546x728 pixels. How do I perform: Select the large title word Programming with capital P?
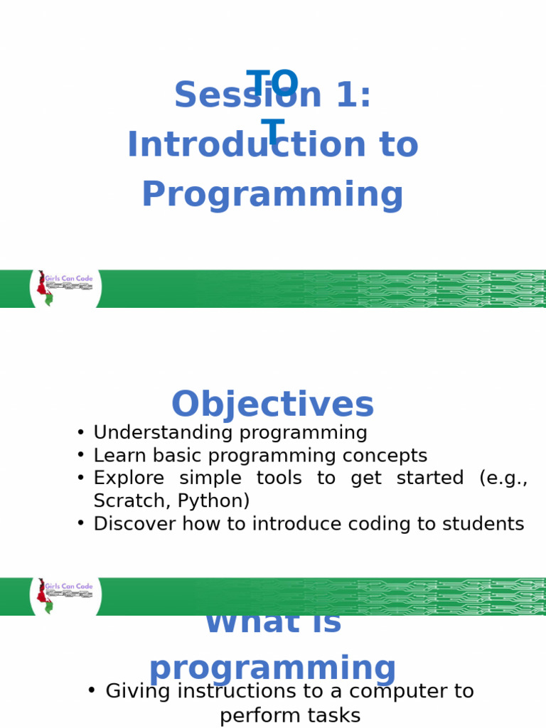click(x=272, y=195)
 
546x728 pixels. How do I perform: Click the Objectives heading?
click(x=272, y=405)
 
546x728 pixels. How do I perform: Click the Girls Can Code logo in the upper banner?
click(x=65, y=288)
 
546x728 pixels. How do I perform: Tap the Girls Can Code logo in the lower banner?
click(x=65, y=596)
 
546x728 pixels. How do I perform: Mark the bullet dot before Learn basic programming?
click(x=80, y=455)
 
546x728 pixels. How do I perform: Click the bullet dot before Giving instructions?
click(x=91, y=690)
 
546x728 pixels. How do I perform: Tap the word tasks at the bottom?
click(x=334, y=715)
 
